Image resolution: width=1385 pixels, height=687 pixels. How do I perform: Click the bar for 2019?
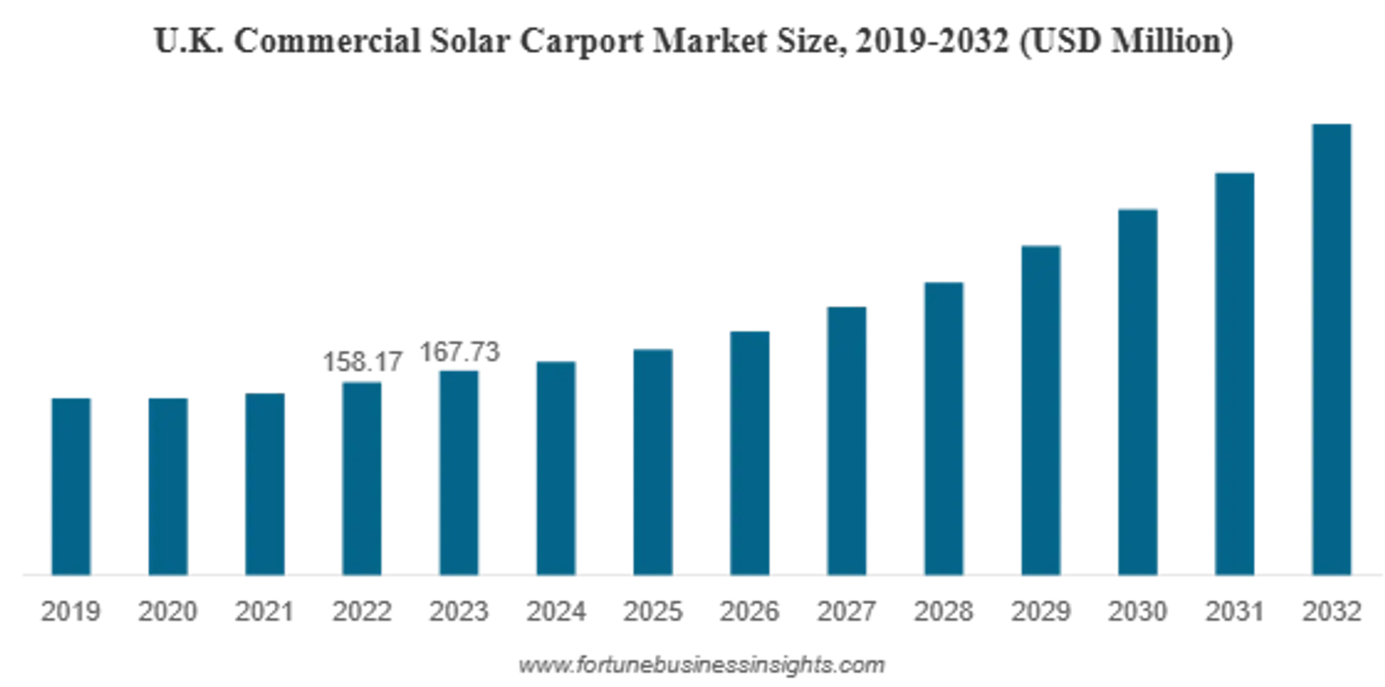coord(71,487)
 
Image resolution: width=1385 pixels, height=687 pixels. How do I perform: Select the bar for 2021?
coord(265,486)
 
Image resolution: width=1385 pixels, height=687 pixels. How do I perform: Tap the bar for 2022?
coord(363,479)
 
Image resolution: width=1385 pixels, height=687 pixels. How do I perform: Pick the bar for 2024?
coord(557,469)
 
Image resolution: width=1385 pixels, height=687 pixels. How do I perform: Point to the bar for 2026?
coord(750,454)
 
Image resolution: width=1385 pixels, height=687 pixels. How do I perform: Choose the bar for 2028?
coord(945,429)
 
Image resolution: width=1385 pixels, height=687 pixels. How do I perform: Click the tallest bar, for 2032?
coord(1332,350)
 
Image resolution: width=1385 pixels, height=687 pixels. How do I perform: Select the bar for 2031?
coord(1235,374)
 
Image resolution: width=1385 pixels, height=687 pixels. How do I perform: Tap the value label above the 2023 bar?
coord(460,353)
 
